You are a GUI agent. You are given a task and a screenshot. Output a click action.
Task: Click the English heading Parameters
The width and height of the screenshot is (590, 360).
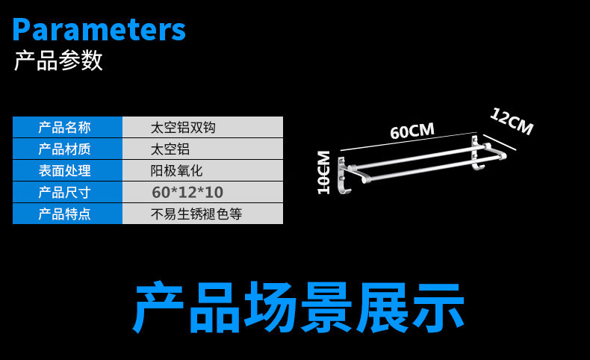(99, 29)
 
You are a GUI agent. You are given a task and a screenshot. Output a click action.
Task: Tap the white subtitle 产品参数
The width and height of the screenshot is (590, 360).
(58, 60)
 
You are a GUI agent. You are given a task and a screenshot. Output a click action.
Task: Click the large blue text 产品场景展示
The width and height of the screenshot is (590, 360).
(299, 307)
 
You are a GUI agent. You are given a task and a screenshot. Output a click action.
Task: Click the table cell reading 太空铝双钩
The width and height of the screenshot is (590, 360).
(183, 127)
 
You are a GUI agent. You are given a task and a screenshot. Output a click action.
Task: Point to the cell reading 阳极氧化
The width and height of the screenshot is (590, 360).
(176, 170)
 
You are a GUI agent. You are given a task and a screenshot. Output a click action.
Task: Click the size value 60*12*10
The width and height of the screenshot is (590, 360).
(187, 192)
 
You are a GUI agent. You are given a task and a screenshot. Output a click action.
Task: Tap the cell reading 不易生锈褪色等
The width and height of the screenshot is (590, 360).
(196, 214)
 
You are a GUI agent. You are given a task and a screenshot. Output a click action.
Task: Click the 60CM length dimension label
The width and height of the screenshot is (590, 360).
(412, 131)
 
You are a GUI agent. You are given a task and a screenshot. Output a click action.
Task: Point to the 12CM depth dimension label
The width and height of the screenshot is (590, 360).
(512, 122)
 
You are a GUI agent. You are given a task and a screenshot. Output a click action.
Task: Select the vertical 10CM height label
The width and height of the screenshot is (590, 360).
(324, 173)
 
